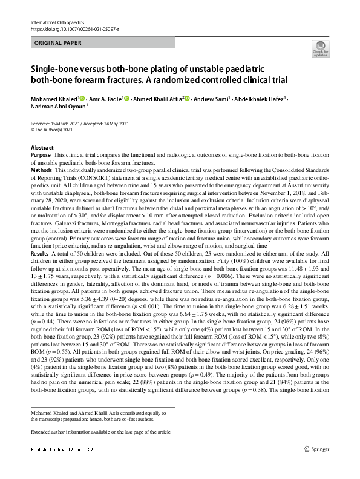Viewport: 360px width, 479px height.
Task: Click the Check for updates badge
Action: [319, 50]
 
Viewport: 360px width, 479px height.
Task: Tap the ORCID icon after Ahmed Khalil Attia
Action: [187, 97]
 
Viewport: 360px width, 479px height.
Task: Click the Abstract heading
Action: [42, 148]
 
